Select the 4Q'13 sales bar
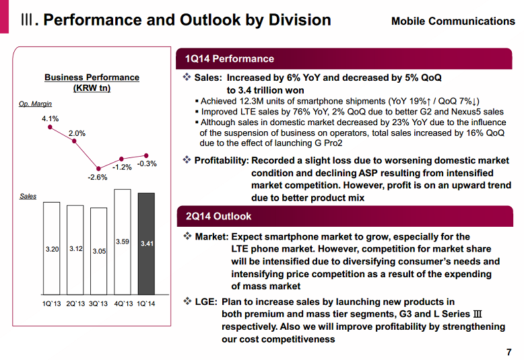[123, 242]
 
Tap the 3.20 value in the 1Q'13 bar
[52, 249]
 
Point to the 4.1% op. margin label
[51, 119]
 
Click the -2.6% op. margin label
[98, 178]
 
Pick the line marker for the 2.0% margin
[75, 143]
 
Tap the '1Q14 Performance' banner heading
[230, 59]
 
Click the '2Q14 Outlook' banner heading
[218, 217]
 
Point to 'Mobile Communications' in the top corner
[453, 21]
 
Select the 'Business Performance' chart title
[92, 77]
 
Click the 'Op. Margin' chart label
[36, 104]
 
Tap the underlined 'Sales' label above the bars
[28, 196]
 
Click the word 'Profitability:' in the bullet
[222, 160]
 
